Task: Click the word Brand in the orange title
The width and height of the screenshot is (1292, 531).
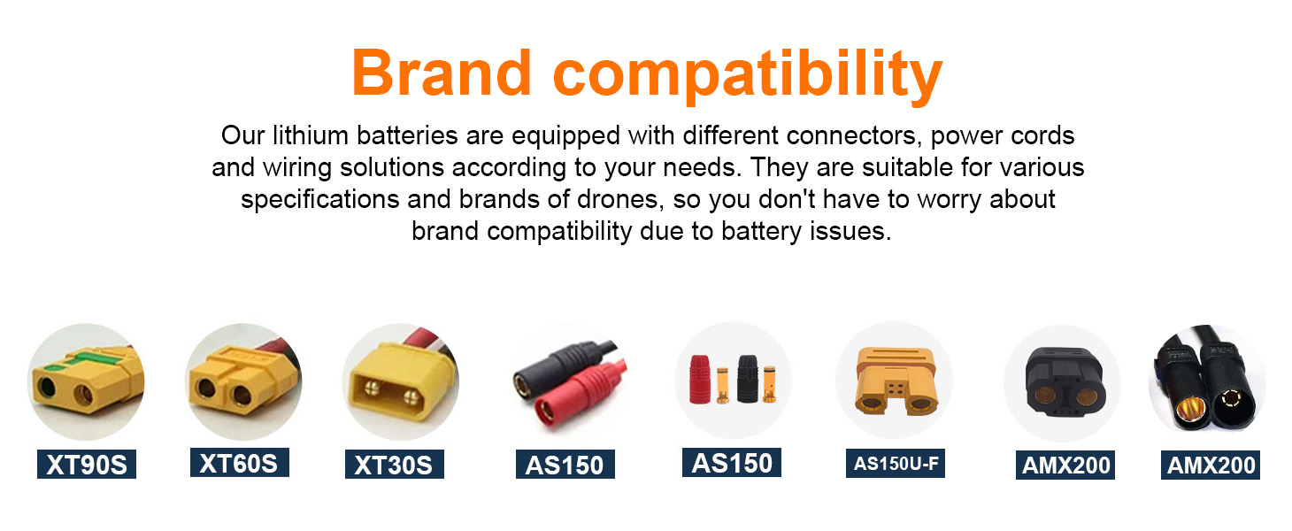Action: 442,73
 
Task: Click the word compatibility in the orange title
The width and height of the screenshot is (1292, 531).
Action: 748,77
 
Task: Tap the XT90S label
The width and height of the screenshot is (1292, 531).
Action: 87,465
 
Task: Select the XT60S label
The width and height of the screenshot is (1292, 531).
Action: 239,463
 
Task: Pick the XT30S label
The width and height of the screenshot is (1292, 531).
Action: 395,465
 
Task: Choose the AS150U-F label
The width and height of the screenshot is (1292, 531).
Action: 896,464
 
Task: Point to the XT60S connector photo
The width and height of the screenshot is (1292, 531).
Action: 243,381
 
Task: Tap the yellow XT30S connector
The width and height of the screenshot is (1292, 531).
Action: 399,381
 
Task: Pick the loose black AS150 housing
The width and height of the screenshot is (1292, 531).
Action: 748,379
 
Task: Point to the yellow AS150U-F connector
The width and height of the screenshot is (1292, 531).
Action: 896,381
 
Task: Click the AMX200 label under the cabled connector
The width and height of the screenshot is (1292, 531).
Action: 1210,466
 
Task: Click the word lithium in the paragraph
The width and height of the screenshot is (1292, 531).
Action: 311,136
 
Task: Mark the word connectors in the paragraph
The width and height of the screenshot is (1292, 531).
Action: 850,136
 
